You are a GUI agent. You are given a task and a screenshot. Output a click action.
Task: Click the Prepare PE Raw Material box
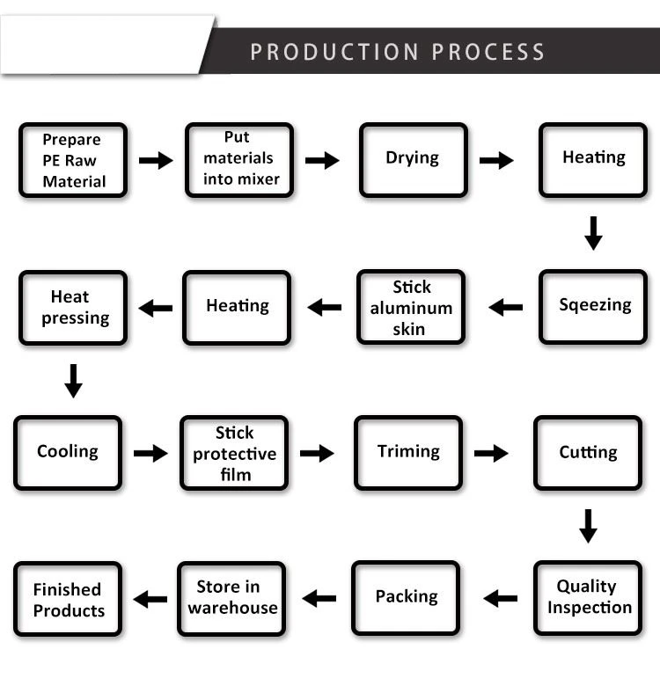pyautogui.click(x=73, y=160)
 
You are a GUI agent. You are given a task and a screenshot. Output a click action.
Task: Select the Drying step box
pyautogui.click(x=414, y=160)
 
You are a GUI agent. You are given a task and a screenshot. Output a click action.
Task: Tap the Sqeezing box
pyautogui.click(x=593, y=307)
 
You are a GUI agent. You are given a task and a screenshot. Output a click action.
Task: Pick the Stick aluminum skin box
pyautogui.click(x=411, y=307)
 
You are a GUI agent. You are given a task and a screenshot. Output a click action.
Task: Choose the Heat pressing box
pyautogui.click(x=73, y=308)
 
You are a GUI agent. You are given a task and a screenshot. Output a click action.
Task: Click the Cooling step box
pyautogui.click(x=68, y=453)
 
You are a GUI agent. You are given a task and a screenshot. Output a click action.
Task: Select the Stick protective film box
pyautogui.click(x=234, y=453)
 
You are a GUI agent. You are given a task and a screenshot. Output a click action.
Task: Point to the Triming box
pyautogui.click(x=408, y=453)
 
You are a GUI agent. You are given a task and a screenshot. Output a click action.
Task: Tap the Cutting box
pyautogui.click(x=588, y=453)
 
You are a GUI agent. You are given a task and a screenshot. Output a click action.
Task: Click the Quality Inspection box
pyautogui.click(x=588, y=598)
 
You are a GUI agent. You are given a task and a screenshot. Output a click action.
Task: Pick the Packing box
pyautogui.click(x=406, y=598)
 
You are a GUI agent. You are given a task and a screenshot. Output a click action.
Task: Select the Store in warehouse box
pyautogui.click(x=231, y=599)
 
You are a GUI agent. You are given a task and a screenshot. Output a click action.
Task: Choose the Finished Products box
pyautogui.click(x=68, y=599)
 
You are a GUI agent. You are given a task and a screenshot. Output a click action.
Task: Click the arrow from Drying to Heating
pyautogui.click(x=496, y=160)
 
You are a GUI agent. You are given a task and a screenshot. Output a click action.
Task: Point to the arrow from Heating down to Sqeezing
pyautogui.click(x=593, y=233)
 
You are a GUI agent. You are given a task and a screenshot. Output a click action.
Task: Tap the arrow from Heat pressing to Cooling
pyautogui.click(x=73, y=381)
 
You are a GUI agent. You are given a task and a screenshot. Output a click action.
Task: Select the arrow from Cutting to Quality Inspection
pyautogui.click(x=588, y=526)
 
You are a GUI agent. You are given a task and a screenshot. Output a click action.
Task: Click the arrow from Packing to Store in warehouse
pyautogui.click(x=319, y=598)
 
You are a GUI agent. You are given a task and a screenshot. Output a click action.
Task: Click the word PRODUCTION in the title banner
pyautogui.click(x=334, y=52)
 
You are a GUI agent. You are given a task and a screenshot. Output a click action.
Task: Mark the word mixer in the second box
pyautogui.click(x=260, y=179)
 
